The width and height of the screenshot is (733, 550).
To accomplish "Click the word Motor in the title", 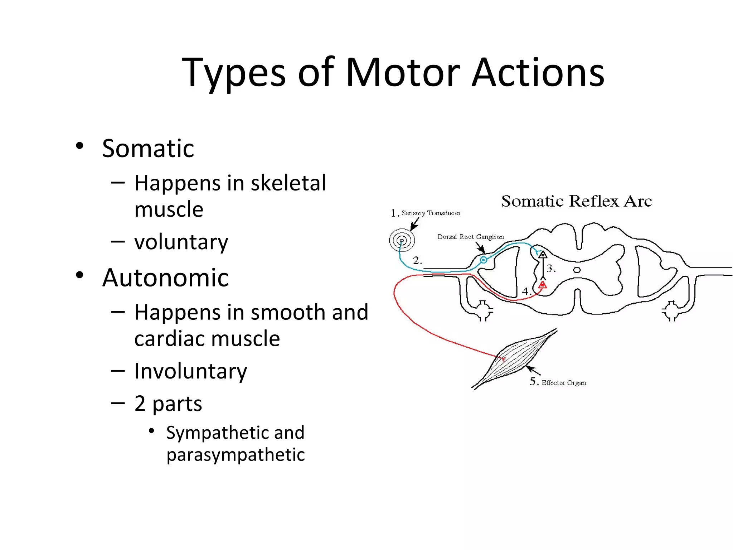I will (403, 73).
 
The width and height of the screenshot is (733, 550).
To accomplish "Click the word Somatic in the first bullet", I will (148, 149).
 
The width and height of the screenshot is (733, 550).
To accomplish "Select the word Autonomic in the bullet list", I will (165, 278).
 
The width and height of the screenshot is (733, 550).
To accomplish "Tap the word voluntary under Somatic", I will (181, 242).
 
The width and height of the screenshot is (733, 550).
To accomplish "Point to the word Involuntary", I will (190, 371).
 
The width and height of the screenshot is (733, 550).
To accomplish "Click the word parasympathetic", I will (236, 455).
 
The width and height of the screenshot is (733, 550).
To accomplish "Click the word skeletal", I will (288, 183).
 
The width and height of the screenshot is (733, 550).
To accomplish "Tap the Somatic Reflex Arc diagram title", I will (576, 201).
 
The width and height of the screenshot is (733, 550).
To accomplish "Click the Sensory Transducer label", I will (431, 213).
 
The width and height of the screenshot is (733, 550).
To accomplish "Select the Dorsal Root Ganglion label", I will (470, 237).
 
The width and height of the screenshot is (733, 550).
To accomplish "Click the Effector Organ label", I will (563, 383).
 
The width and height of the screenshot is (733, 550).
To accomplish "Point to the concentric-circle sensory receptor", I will (402, 240).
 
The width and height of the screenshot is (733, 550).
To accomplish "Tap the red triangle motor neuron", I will (543, 285).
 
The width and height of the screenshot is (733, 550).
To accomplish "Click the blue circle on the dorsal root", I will (484, 260).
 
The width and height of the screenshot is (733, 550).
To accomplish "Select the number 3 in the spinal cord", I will (550, 268).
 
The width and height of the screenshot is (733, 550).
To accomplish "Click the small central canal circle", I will (577, 270).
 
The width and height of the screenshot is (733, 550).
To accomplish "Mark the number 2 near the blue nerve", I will (417, 260).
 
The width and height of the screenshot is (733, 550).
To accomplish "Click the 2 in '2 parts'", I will (140, 404).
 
